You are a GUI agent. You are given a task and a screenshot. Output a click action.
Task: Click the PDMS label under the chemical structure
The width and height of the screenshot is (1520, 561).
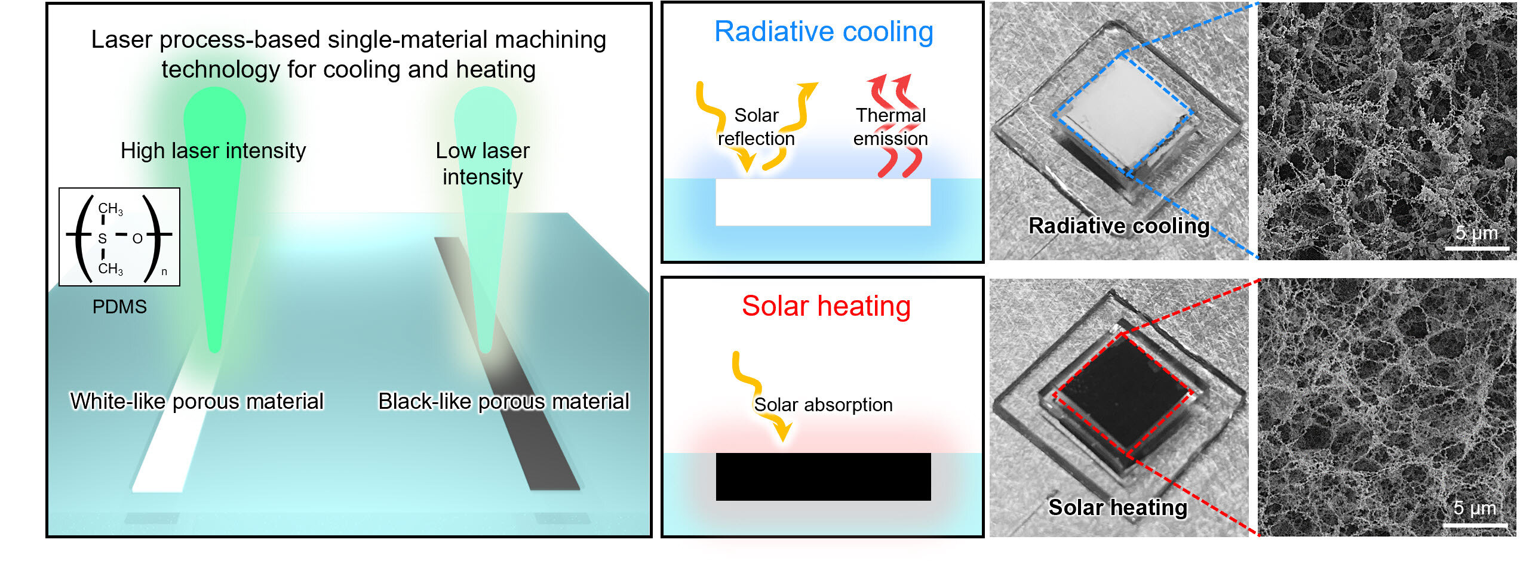click(x=119, y=307)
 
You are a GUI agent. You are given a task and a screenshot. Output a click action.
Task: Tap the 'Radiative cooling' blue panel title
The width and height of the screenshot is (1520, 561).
click(x=824, y=32)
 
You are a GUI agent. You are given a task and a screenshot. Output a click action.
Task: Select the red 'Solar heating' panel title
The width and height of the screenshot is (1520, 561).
click(x=826, y=306)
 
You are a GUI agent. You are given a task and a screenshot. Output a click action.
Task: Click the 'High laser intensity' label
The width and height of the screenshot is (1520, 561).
click(x=213, y=151)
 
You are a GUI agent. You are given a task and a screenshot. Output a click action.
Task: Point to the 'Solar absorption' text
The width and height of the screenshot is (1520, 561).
click(x=823, y=405)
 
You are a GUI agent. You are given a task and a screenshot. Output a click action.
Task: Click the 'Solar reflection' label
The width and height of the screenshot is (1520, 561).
click(x=756, y=127)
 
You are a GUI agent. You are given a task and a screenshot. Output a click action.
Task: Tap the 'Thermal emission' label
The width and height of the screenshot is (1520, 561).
click(x=890, y=127)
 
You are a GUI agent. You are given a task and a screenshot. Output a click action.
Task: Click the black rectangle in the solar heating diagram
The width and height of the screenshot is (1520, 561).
click(x=823, y=476)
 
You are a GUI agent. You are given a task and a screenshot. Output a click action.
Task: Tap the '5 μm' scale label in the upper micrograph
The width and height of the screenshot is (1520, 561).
click(x=1476, y=233)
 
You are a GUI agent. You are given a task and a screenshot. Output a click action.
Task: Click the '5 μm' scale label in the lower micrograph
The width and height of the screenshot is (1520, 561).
click(x=1475, y=508)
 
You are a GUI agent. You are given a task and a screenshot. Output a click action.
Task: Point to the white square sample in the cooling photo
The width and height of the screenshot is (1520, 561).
click(x=1123, y=113)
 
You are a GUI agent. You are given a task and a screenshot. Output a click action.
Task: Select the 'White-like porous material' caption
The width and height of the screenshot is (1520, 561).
click(x=196, y=401)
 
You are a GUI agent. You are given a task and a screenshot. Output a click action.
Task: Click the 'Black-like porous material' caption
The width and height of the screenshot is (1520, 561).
click(x=503, y=401)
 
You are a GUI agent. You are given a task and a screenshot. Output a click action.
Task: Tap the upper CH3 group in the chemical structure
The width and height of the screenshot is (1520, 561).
click(x=110, y=209)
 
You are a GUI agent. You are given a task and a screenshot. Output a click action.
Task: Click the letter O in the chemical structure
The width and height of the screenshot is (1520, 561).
click(x=137, y=239)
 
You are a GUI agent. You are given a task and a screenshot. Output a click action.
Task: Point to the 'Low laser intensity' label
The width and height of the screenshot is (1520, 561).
click(x=483, y=164)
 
